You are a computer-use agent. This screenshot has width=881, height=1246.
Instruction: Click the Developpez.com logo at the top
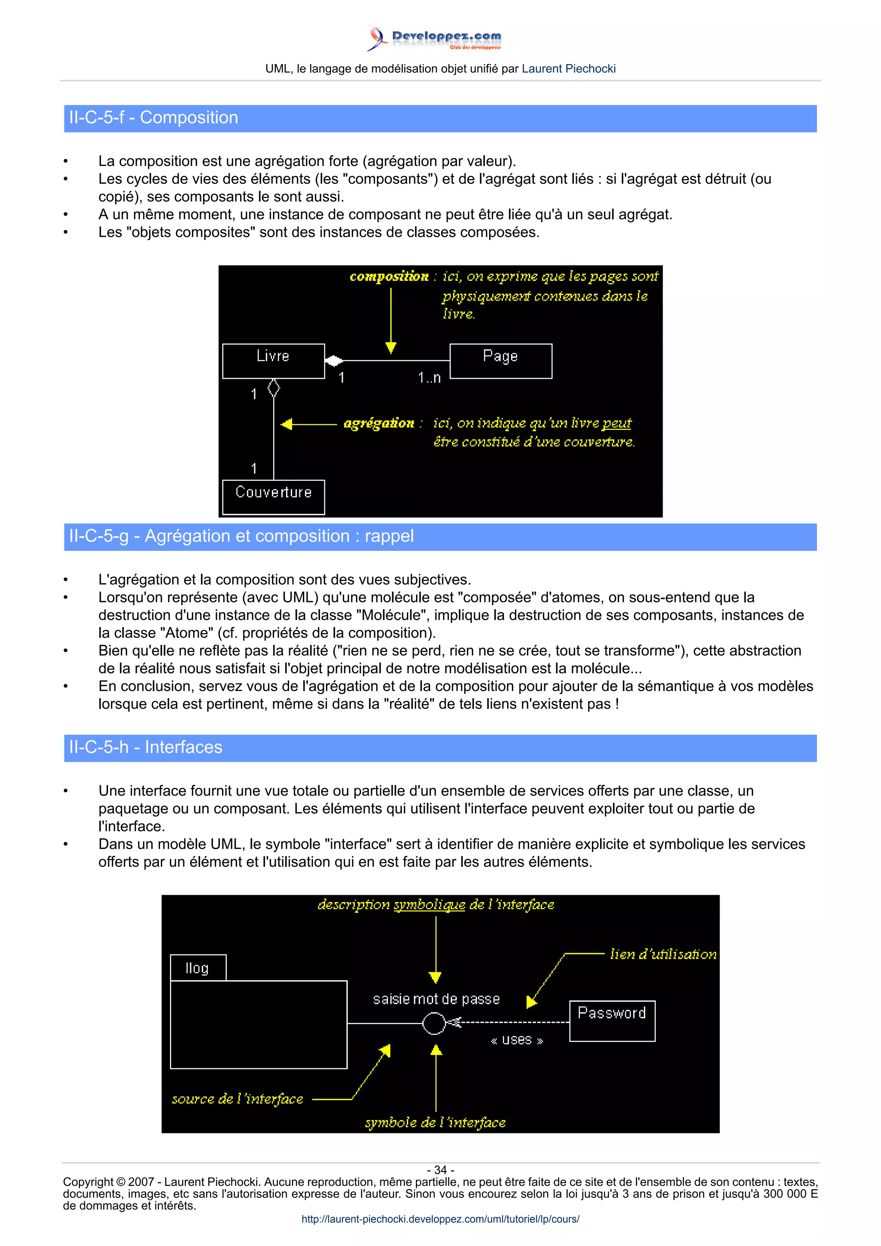pyautogui.click(x=434, y=38)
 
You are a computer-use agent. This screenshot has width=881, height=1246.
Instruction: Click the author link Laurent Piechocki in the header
pyautogui.click(x=568, y=69)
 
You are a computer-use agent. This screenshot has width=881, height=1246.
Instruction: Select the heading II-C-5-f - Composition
pyautogui.click(x=154, y=118)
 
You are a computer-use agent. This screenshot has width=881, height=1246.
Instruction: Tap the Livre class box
pyautogui.click(x=273, y=360)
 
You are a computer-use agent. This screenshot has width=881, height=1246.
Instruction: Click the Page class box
pyautogui.click(x=500, y=360)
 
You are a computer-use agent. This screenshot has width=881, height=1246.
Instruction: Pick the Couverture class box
pyautogui.click(x=273, y=497)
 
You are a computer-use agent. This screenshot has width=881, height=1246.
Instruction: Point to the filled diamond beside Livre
pyautogui.click(x=334, y=360)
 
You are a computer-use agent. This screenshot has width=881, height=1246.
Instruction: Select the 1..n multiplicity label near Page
pyautogui.click(x=429, y=377)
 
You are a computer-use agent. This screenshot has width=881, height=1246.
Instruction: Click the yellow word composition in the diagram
pyautogui.click(x=388, y=277)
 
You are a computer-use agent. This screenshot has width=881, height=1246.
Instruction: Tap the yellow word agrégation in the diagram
pyautogui.click(x=379, y=424)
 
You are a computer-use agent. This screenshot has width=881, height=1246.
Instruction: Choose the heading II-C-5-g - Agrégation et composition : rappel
pyautogui.click(x=241, y=536)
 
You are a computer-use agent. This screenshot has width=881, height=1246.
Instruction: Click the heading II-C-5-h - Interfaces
pyautogui.click(x=145, y=747)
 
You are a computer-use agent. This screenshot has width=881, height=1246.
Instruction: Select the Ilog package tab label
pyautogui.click(x=197, y=968)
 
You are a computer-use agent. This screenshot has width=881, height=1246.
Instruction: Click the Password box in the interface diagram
pyautogui.click(x=612, y=1020)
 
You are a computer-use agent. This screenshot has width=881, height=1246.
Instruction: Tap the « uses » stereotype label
pyautogui.click(x=516, y=1040)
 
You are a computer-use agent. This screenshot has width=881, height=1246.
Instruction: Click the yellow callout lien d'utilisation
pyautogui.click(x=663, y=954)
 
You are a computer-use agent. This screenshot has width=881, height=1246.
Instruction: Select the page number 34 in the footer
pyautogui.click(x=440, y=1170)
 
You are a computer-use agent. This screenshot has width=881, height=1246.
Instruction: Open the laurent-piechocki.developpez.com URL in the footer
pyautogui.click(x=440, y=1219)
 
